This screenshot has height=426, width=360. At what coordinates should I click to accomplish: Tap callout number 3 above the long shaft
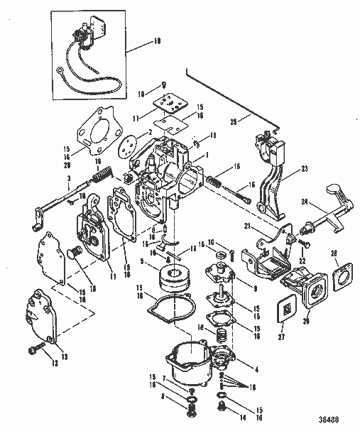click(68, 177)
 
